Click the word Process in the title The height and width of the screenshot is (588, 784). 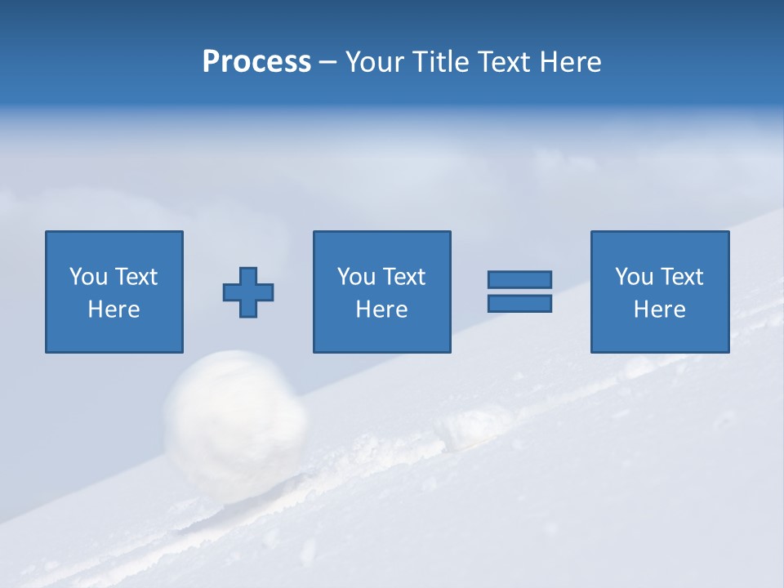[256, 62]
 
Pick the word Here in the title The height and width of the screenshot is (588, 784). [570, 62]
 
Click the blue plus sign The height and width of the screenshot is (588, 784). [248, 292]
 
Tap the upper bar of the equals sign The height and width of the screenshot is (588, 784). [519, 280]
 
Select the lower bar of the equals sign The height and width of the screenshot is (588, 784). [519, 303]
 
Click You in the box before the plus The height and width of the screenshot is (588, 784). [89, 277]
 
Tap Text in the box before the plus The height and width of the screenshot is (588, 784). [136, 277]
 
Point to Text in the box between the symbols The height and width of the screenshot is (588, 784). [403, 277]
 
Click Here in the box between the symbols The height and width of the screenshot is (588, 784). [381, 310]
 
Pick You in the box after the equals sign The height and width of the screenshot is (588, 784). [635, 277]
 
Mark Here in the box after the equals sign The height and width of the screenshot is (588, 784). [659, 310]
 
